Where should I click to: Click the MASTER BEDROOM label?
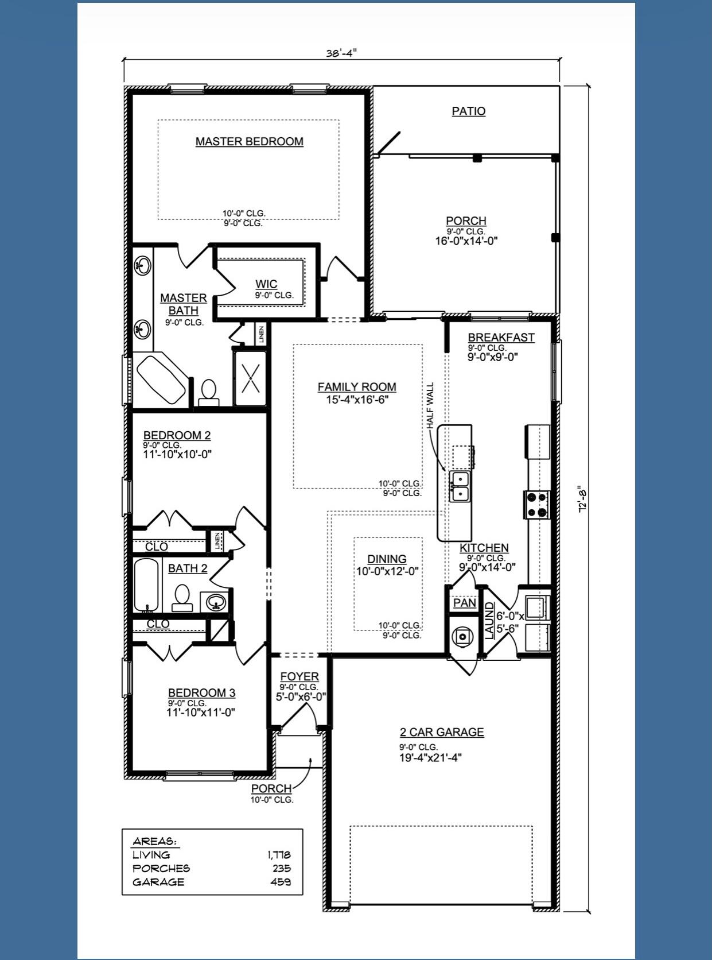click(x=249, y=141)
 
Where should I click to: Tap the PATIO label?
click(x=468, y=111)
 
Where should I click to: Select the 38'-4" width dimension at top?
click(x=341, y=53)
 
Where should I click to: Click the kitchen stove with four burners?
click(x=537, y=505)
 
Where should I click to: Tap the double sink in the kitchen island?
click(x=460, y=486)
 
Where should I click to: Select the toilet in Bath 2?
click(x=182, y=597)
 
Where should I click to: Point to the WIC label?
click(x=266, y=284)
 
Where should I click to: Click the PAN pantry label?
click(x=464, y=602)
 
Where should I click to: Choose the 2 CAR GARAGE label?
click(x=442, y=732)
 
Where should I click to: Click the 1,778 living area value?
click(x=279, y=855)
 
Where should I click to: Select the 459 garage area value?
click(x=281, y=882)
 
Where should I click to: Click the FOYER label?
click(x=299, y=677)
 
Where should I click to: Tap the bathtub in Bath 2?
click(x=146, y=584)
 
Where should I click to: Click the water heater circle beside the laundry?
click(x=462, y=636)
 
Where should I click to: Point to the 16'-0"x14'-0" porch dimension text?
click(x=466, y=241)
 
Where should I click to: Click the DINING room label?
click(x=387, y=559)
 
